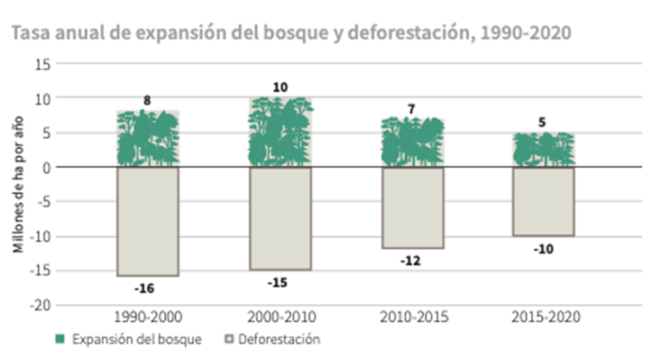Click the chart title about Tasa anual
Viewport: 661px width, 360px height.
pos(291,32)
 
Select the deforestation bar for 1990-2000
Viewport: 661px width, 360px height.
pos(148,222)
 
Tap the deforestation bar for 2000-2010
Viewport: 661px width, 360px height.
pos(280,218)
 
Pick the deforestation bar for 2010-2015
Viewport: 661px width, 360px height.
pos(413,208)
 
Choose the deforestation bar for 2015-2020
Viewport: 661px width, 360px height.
pos(544,201)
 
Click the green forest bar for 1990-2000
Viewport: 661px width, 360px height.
pos(148,138)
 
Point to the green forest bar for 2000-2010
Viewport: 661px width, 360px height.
pos(280,132)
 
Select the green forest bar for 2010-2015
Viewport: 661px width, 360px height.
pos(413,142)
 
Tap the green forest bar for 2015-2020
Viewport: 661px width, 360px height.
pos(544,150)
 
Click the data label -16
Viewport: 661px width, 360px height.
pos(144,289)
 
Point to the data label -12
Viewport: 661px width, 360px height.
pos(410,262)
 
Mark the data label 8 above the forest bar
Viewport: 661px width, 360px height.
pos(147,101)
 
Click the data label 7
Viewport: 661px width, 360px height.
pos(411,109)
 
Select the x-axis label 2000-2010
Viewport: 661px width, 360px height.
pos(281,317)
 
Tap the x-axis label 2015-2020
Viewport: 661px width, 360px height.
pos(546,317)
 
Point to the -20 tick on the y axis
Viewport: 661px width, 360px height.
pos(40,305)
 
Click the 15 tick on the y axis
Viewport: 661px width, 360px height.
pos(43,64)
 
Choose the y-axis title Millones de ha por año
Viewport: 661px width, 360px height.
pos(18,185)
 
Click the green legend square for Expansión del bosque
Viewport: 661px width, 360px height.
pos(60,339)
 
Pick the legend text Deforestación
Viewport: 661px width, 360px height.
pos(279,339)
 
